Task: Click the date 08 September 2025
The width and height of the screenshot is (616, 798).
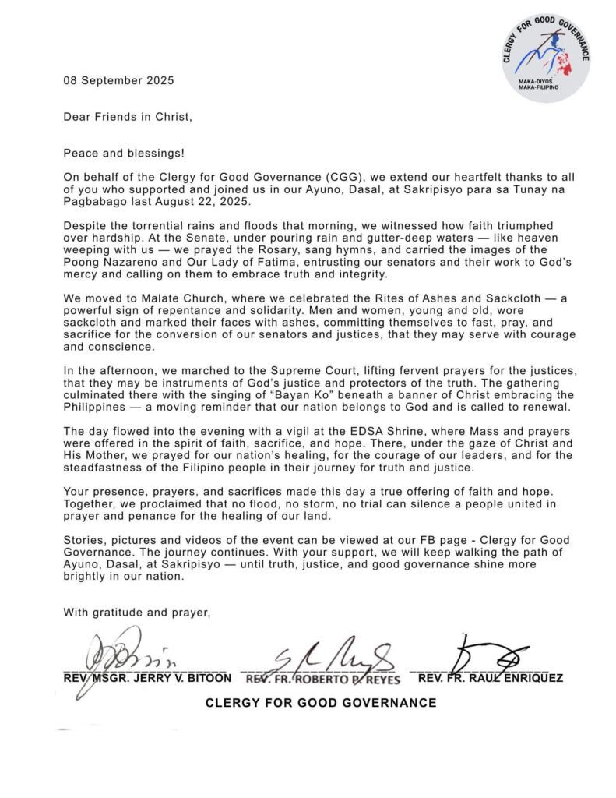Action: click(119, 80)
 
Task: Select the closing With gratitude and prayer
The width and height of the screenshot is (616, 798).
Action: click(137, 613)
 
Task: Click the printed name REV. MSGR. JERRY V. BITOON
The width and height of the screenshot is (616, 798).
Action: click(146, 678)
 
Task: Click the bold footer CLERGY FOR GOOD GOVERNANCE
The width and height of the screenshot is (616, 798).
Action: click(321, 703)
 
